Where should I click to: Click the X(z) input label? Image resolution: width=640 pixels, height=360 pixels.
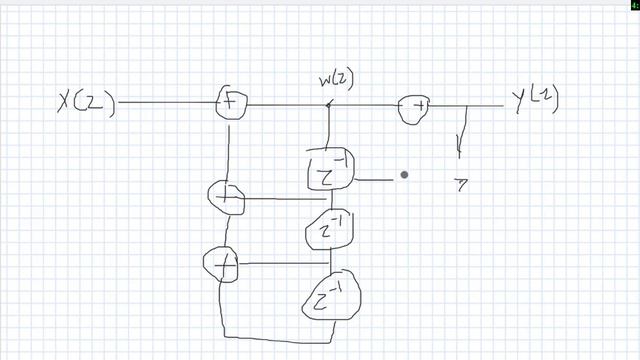pyautogui.click(x=87, y=102)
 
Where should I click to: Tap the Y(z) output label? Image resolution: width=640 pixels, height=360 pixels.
pyautogui.click(x=532, y=101)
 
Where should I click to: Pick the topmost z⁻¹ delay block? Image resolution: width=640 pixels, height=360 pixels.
pyautogui.click(x=328, y=171)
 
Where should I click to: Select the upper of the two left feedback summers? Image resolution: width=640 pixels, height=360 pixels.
pyautogui.click(x=225, y=198)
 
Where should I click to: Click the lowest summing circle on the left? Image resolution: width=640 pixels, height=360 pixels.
pyautogui.click(x=221, y=264)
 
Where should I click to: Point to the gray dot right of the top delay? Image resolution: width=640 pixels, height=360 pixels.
pyautogui.click(x=404, y=175)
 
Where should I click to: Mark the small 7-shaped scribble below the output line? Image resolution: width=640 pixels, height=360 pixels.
pyautogui.click(x=462, y=183)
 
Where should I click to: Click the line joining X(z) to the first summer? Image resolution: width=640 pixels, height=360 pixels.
pyautogui.click(x=165, y=102)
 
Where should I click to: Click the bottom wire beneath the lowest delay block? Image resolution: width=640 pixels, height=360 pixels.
pyautogui.click(x=270, y=335)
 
